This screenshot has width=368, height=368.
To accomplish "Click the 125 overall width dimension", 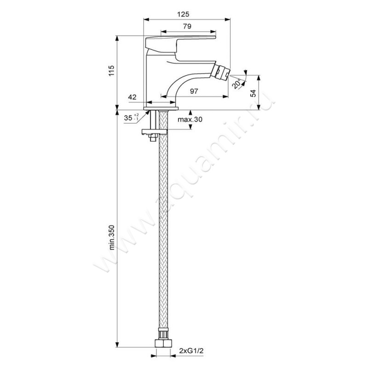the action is point(183,14).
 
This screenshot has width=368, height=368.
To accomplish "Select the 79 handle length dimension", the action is point(187,26).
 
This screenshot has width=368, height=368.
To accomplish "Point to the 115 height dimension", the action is point(111,70).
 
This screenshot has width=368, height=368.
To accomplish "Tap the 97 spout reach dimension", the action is point(194,91).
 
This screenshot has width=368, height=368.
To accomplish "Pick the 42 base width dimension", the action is point(132,97).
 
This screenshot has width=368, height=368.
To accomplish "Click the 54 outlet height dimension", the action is point(253,93).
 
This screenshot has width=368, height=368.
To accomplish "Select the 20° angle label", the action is point(236,84).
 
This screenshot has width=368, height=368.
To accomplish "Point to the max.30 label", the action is point(190,120).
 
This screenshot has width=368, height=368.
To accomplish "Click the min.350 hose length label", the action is point(112,237).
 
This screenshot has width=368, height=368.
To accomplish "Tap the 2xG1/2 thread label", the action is point(191,351).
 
